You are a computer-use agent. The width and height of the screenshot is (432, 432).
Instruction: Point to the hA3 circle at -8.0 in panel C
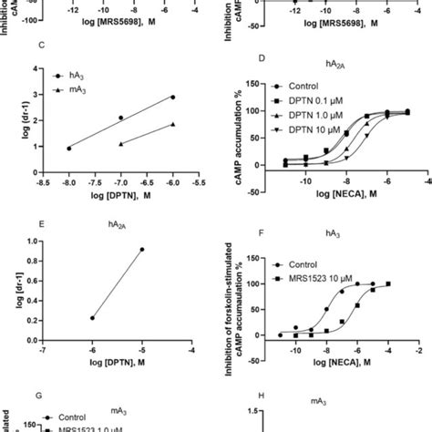coord(69,148)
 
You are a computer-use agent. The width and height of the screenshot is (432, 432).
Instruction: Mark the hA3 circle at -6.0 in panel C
coord(173,97)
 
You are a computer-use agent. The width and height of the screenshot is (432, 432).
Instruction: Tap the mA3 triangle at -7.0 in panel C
coord(121,144)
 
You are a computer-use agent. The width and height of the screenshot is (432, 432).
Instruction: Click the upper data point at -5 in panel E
coord(141,249)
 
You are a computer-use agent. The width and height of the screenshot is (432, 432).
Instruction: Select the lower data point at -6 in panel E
coord(92,317)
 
